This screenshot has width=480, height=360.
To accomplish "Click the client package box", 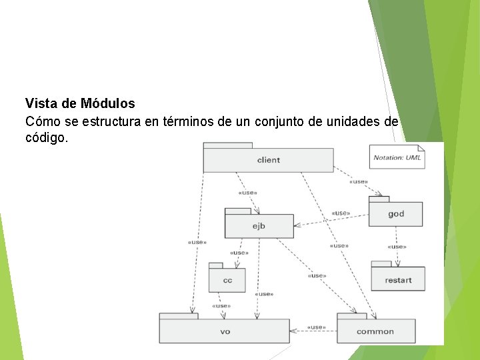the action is tap(268, 160).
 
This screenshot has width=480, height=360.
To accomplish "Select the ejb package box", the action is tap(259, 226).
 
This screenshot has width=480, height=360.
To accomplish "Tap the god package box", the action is tap(395, 214).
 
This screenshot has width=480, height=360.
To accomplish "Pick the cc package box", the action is tap(227, 280).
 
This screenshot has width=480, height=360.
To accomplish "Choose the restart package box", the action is tap(398, 280).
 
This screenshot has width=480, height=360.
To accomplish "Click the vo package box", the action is tap(225, 331).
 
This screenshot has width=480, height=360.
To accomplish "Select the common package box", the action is tap(375, 331).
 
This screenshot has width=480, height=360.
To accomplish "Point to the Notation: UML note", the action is tap(397, 157).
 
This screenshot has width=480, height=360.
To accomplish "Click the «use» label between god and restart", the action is tap(397, 247).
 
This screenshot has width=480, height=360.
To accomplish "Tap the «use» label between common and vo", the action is tap(316, 327).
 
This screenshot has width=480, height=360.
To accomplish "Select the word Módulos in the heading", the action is tap(108, 104).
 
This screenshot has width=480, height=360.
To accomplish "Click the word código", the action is tap(45, 139).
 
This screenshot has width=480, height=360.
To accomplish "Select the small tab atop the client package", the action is tap(228, 145).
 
